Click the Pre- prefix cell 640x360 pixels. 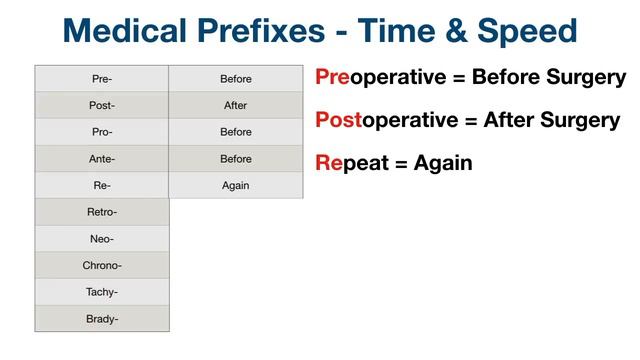coord(102,78)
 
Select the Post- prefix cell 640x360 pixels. coord(102,105)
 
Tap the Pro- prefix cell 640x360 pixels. coord(102,132)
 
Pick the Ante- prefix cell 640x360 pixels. coord(102,158)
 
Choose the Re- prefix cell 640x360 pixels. coord(102,185)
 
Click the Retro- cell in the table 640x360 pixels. coord(102,212)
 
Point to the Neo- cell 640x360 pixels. coord(102,239)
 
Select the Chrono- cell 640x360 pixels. coord(102,265)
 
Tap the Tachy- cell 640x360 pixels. coord(102,292)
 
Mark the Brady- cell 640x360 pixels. coord(102,318)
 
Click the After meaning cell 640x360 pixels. coord(236,105)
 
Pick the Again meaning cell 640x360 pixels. coord(236,185)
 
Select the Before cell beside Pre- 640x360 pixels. coord(236,78)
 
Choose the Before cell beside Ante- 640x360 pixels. coord(236,158)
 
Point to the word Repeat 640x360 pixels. coord(349,162)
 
